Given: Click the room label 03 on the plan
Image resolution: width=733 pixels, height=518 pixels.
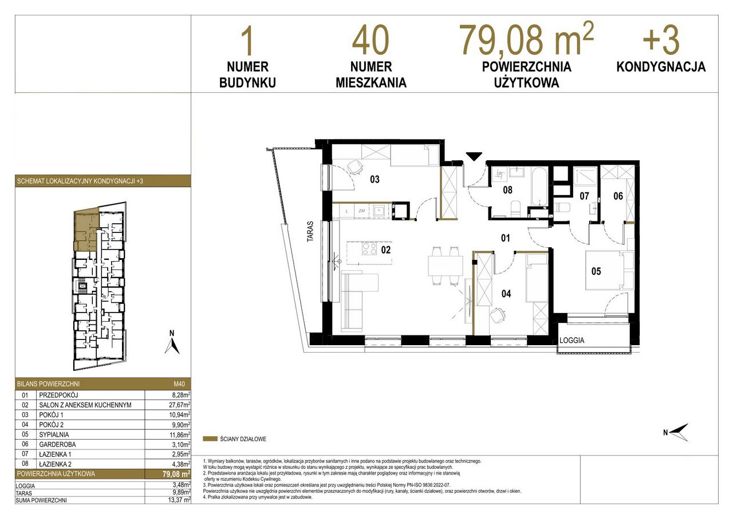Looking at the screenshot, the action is pos(375,179).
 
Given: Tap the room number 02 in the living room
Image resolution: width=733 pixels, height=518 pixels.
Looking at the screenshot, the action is pos(386,250).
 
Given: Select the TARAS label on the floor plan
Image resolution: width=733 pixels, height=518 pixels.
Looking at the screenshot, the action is pos(310,232).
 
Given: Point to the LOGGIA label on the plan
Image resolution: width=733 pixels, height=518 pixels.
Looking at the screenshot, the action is pos(572,341).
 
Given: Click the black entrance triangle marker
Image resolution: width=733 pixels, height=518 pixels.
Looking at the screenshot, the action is pos(474,156).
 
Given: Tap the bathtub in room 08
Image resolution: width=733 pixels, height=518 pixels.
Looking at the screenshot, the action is pos(539,187).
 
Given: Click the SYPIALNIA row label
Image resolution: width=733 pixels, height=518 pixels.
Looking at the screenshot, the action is pos(54,434).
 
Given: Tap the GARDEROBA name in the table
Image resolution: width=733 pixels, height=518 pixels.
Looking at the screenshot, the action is pos(58,444).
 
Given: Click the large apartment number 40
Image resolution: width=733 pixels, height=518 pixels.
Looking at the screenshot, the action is pos(371,40).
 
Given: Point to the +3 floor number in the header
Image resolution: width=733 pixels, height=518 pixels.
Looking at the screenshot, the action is pos(661,40).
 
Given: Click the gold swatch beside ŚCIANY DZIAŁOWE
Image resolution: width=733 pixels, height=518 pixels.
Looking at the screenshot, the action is pos(210,439).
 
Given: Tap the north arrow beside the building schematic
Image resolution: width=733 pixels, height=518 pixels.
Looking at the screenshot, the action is pos(172,343).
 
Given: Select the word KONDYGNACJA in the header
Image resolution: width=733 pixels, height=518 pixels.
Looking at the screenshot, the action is pos(661,67).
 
